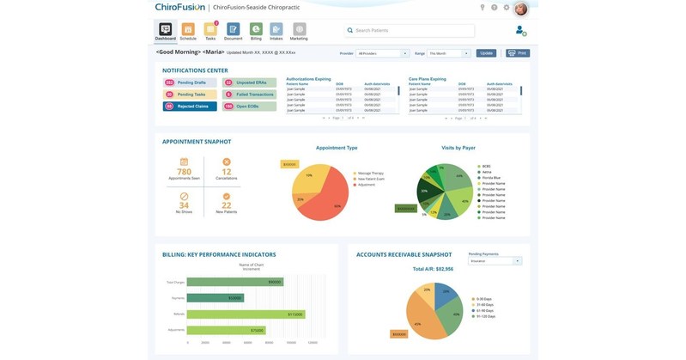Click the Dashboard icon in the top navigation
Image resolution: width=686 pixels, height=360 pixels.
(166, 30)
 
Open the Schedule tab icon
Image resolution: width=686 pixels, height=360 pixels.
(188, 30)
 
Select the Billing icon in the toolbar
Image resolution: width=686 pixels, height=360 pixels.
(256, 30)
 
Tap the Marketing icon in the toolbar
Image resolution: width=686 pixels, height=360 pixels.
(299, 30)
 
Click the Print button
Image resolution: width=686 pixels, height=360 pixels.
(518, 53)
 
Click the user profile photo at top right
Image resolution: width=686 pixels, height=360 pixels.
(520, 9)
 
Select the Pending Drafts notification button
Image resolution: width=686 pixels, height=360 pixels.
(189, 82)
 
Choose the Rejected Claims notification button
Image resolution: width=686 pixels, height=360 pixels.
(189, 107)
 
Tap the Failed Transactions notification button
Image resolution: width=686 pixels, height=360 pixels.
(250, 95)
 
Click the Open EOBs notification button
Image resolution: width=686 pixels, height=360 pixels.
(250, 107)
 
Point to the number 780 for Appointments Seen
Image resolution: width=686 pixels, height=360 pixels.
(184, 172)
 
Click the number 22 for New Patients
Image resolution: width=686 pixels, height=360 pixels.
(227, 205)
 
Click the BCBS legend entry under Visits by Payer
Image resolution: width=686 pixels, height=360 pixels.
(486, 165)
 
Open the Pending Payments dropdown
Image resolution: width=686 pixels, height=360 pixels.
(495, 260)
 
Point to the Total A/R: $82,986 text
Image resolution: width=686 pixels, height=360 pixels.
(433, 270)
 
